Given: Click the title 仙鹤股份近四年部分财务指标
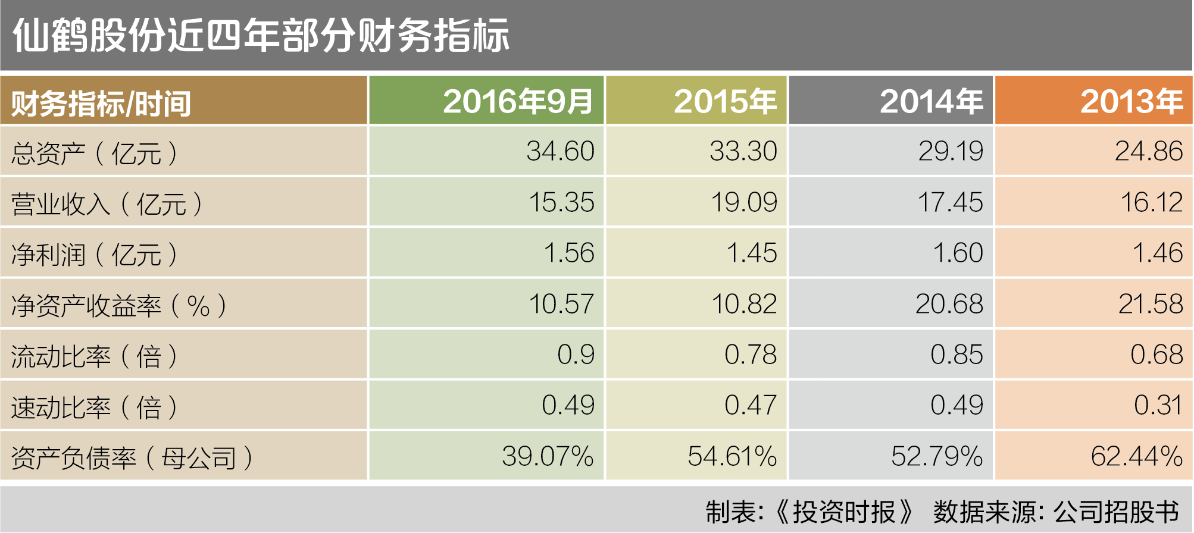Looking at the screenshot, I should pyautogui.click(x=261, y=36).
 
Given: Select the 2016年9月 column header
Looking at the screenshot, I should pyautogui.click(x=518, y=101).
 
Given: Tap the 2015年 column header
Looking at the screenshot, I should pyautogui.click(x=725, y=101).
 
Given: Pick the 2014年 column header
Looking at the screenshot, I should pyautogui.click(x=931, y=101).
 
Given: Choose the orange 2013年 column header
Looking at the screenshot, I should pyautogui.click(x=1131, y=101).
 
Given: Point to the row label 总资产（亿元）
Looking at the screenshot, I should pyautogui.click(x=94, y=153).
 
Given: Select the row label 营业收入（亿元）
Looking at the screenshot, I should pyautogui.click(x=107, y=204).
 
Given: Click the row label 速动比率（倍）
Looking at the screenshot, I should pyautogui.click(x=94, y=407).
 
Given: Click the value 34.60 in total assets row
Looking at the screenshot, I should pyautogui.click(x=560, y=151).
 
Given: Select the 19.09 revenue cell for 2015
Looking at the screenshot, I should pyautogui.click(x=744, y=202).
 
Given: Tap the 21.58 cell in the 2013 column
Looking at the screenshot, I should pyautogui.click(x=1150, y=304).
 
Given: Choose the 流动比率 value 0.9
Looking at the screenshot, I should pyautogui.click(x=576, y=355).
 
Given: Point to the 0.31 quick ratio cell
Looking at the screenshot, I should pyautogui.click(x=1157, y=406).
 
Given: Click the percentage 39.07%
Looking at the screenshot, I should pyautogui.click(x=548, y=456).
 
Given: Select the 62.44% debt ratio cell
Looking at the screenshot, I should pyautogui.click(x=1136, y=456).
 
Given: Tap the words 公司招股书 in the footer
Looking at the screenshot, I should pyautogui.click(x=1115, y=512).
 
